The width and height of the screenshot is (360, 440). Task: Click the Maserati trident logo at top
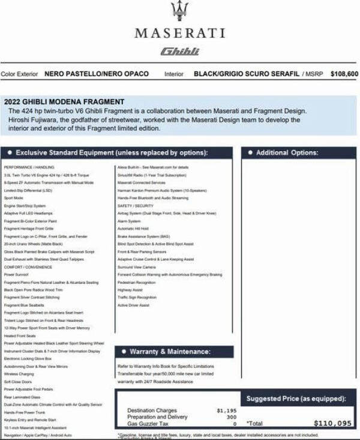tap(179, 11)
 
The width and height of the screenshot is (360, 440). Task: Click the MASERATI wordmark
tap(179, 33)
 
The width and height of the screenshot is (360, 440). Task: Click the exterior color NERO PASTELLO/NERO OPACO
tap(97, 74)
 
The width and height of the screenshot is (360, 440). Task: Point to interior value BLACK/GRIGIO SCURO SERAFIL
tap(247, 74)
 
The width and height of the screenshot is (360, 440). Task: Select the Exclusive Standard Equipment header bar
tap(118, 152)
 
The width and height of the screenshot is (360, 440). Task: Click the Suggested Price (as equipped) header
tap(296, 399)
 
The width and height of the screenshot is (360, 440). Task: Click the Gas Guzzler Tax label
tap(147, 423)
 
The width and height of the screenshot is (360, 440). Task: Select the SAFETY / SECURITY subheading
tap(136, 205)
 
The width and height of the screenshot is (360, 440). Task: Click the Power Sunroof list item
tap(16, 274)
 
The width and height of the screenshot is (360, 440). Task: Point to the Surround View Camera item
tap(137, 267)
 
